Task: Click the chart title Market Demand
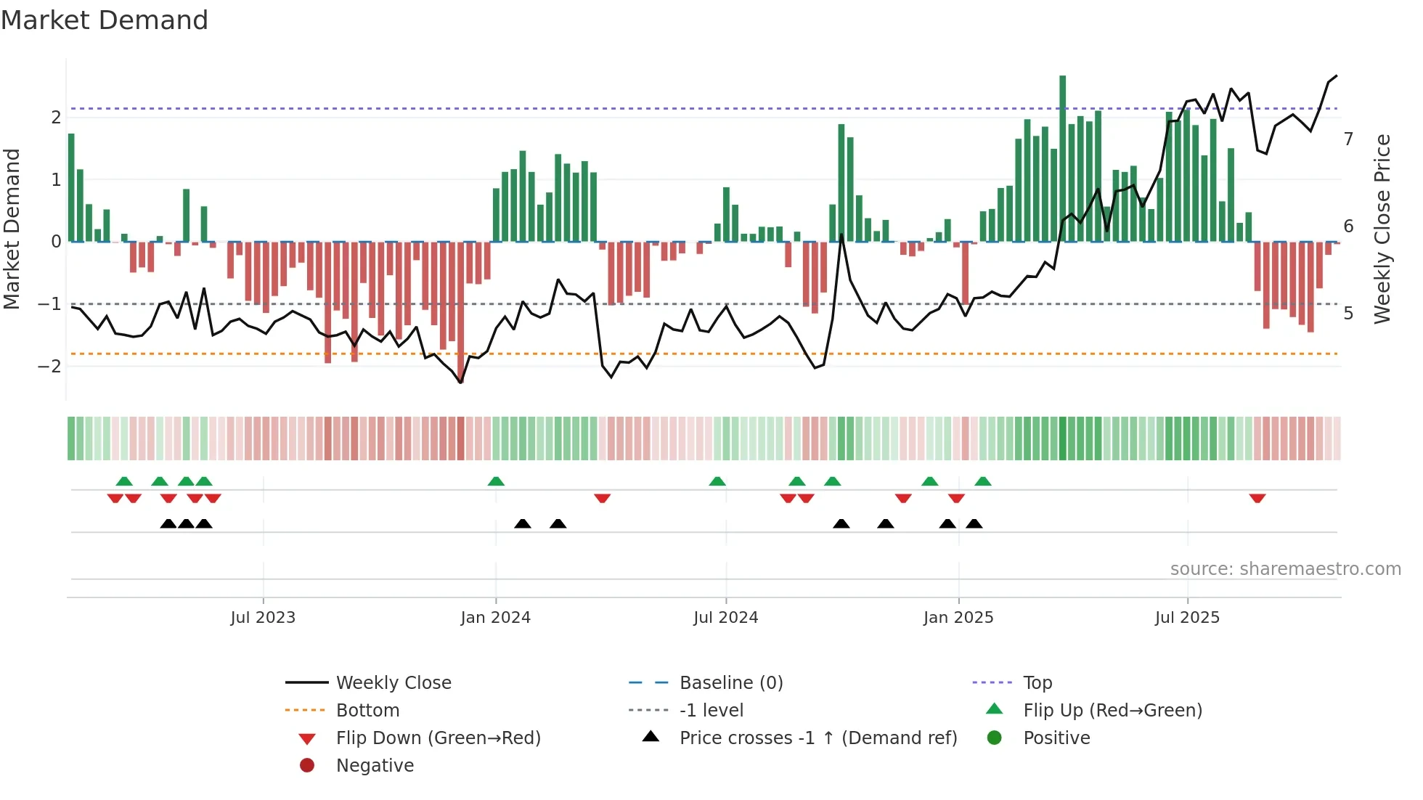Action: coord(105,20)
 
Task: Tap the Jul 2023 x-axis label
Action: coord(263,618)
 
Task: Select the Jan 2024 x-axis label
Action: coord(496,618)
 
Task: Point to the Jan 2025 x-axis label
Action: coord(958,618)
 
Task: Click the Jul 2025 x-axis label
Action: coord(1188,618)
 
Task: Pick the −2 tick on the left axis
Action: coord(49,366)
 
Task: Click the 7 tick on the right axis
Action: coord(1348,139)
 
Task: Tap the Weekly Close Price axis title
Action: coord(1382,229)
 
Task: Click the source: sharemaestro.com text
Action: coord(1285,569)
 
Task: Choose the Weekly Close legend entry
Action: coord(393,683)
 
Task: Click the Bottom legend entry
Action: coord(367,711)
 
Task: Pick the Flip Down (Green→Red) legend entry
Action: coord(438,738)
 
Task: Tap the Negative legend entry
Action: coord(375,766)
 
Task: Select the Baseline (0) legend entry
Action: coord(730,683)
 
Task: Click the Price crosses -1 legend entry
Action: coord(817,738)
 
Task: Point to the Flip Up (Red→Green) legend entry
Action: coord(1112,711)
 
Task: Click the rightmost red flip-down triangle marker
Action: coord(1257,498)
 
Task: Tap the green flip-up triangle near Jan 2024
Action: coord(496,481)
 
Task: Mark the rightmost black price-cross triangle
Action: coord(974,523)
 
